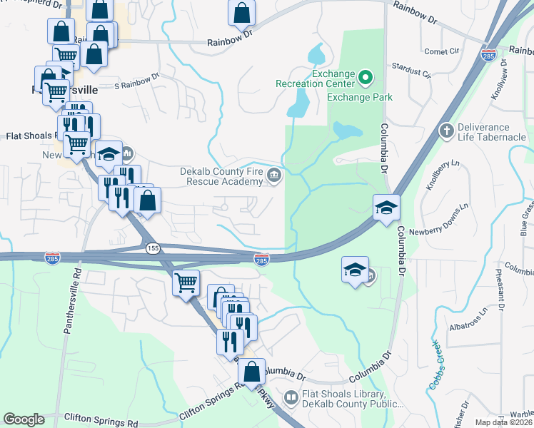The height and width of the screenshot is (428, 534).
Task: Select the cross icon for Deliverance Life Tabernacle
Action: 446,131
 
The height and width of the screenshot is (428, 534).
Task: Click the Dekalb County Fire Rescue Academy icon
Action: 273,176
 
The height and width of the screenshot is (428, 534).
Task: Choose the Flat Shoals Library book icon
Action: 291,397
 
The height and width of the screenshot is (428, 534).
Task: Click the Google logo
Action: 24,419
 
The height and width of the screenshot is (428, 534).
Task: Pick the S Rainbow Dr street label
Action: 136,82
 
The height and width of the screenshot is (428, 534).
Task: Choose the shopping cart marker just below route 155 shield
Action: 186,283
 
